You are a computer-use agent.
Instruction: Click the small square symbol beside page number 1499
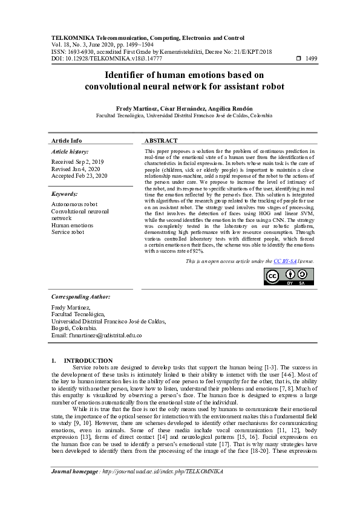pos(298,59)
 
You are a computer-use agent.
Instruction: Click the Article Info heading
pos(67,140)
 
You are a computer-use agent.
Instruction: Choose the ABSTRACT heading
pos(161,140)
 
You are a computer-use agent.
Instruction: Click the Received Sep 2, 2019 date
pos(77,162)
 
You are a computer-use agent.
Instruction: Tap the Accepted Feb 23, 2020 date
pos(79,175)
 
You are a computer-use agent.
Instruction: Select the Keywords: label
pos(65,194)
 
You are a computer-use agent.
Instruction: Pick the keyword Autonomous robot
pos(74,205)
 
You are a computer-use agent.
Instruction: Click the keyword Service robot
pos(68,232)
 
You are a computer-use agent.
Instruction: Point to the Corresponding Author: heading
pos(80,297)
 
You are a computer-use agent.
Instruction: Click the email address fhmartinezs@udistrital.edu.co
pos(97,335)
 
